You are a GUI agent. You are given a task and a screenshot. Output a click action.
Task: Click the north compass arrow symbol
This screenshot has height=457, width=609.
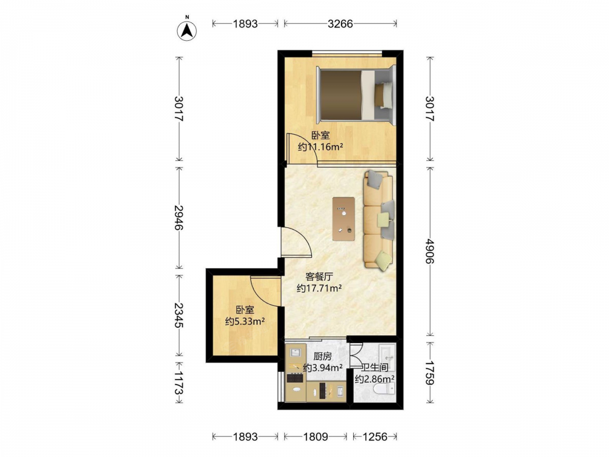[187, 30]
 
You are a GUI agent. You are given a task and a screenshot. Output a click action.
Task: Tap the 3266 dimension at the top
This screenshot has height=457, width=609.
[340, 24]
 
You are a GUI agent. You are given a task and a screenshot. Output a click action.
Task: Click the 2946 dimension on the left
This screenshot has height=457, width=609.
[178, 218]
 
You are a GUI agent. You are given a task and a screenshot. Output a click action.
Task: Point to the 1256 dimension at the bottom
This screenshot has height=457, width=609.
[375, 437]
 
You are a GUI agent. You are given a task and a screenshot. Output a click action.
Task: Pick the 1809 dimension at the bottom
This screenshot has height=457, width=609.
[315, 437]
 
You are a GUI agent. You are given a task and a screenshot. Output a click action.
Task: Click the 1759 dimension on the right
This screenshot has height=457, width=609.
[430, 373]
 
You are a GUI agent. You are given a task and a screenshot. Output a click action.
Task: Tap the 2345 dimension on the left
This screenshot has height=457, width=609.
[178, 315]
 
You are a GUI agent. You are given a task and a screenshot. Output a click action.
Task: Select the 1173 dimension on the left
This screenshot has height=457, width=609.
[178, 383]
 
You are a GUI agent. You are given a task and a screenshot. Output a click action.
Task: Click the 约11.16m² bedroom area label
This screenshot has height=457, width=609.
[320, 147]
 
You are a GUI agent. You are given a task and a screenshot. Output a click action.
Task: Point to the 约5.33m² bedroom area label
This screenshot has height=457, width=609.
[245, 321]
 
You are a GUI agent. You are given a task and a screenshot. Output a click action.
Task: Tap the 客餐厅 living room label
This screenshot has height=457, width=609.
[319, 277]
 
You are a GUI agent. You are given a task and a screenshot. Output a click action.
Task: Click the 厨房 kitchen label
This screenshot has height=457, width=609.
[322, 356]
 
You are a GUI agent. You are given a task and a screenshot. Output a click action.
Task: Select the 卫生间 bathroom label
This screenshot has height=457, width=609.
[375, 367]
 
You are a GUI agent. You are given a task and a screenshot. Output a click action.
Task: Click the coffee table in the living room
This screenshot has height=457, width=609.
[343, 219]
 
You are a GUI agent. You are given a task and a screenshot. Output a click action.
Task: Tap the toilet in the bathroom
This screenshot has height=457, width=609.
[384, 388]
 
